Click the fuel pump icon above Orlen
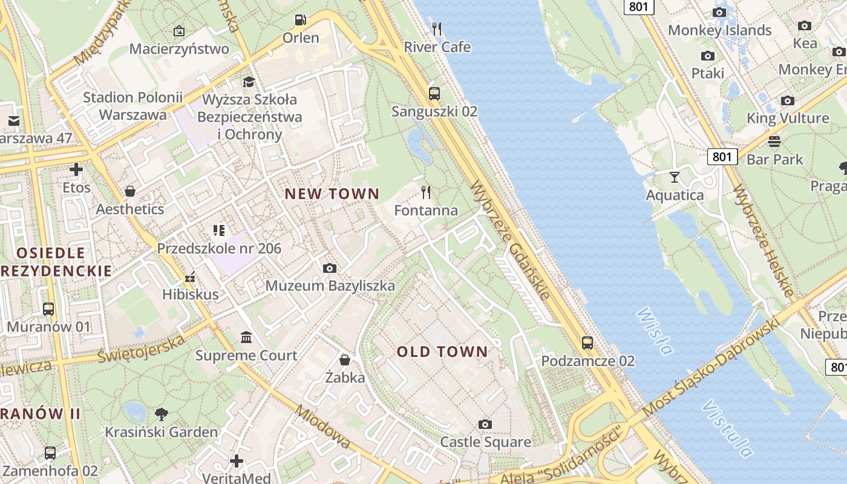tap(300, 20)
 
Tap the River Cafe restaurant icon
tap(437, 28)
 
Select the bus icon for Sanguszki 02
tap(434, 93)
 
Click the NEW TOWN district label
tap(332, 194)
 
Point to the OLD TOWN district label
tap(442, 352)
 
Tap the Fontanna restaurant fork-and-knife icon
tap(426, 192)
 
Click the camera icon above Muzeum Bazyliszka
tap(330, 268)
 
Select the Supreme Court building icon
tap(246, 337)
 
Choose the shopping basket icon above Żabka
tap(345, 360)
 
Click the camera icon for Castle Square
tap(485, 424)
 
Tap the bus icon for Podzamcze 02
tap(587, 343)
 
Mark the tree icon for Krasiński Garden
tap(161, 414)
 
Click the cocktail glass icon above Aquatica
tap(675, 177)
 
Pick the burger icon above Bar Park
tap(774, 142)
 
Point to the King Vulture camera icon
tap(787, 100)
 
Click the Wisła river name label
tap(655, 331)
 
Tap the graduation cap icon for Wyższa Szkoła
tap(249, 82)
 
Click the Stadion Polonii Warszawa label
tap(132, 106)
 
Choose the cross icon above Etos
tap(76, 169)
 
